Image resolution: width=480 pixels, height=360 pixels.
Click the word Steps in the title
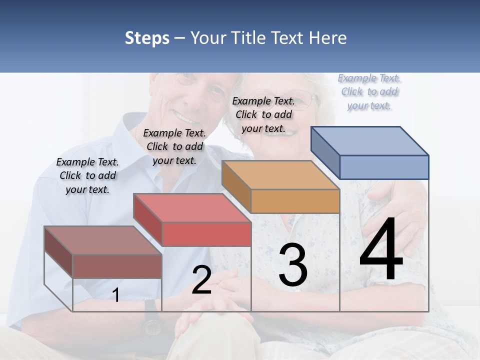point(147,38)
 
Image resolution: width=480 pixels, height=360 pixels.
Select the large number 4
point(381,250)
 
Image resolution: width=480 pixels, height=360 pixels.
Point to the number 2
point(201,280)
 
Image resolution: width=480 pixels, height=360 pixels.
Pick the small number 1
point(116,295)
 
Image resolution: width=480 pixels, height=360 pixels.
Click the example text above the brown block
point(87,175)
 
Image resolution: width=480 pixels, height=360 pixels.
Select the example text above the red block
point(174,146)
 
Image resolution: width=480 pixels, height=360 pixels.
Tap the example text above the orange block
point(263,114)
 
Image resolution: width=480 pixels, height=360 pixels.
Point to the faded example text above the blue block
point(369,91)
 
